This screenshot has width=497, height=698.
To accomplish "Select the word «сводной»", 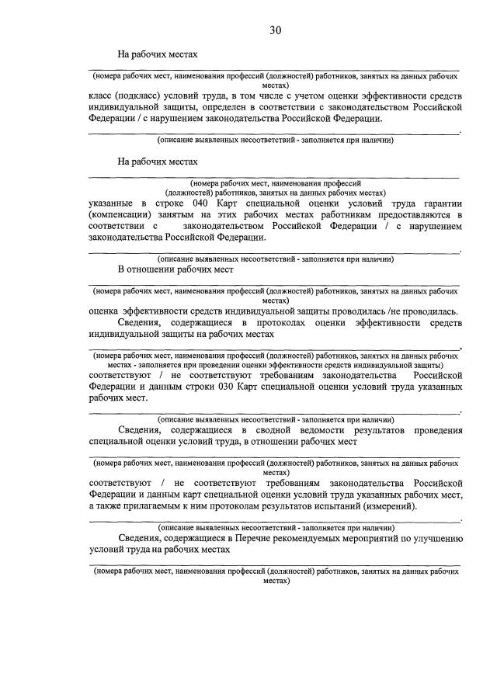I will [291, 429].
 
